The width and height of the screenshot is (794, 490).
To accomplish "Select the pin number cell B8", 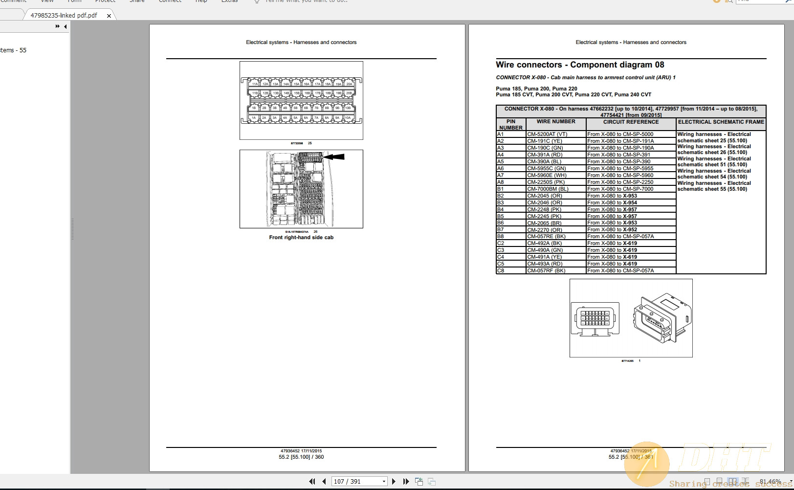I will [x=501, y=236].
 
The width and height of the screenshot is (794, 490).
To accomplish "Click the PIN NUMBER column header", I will [x=511, y=124].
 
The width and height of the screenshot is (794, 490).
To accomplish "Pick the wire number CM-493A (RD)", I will [x=545, y=264].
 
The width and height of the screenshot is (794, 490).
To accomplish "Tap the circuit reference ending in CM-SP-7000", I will [x=620, y=189].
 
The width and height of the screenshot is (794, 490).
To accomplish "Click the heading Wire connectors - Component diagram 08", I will [x=580, y=65].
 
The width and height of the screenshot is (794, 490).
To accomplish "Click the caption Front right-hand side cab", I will [x=301, y=238].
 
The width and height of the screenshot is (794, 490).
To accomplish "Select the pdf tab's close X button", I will [x=109, y=16].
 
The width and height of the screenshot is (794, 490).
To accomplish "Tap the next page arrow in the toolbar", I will [x=394, y=481].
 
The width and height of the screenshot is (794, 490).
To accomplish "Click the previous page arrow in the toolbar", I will [x=324, y=481].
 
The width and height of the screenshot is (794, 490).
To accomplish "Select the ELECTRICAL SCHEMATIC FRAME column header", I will [x=721, y=122].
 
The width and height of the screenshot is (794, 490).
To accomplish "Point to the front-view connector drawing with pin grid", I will [x=595, y=319].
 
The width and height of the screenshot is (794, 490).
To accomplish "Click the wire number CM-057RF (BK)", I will [x=546, y=270].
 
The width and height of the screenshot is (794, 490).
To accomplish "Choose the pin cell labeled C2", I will [x=501, y=243].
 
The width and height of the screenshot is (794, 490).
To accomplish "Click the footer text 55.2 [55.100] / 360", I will [x=301, y=457].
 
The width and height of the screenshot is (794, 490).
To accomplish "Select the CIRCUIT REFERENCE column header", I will [x=631, y=122].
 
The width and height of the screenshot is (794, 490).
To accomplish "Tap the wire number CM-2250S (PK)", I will [x=546, y=182].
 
